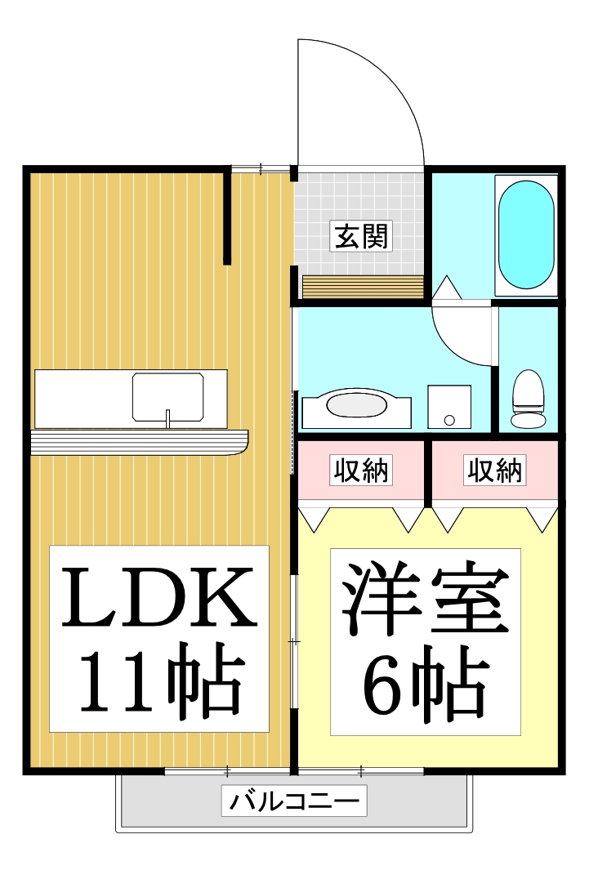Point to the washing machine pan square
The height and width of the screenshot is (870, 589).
pyautogui.click(x=449, y=406)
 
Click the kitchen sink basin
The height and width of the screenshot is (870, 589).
pyautogui.click(x=168, y=398)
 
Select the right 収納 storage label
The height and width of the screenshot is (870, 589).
pyautogui.click(x=495, y=471)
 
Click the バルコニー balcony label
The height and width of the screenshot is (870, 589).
pyautogui.click(x=293, y=801)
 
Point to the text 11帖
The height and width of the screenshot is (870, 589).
pyautogui.click(x=159, y=682)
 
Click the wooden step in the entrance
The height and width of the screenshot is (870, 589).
pyautogui.click(x=363, y=287)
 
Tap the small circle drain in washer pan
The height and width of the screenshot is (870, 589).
pyautogui.click(x=449, y=420)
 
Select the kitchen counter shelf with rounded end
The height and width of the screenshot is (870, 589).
pyautogui.click(x=139, y=441)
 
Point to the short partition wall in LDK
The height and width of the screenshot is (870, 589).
pyautogui.click(x=227, y=216)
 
